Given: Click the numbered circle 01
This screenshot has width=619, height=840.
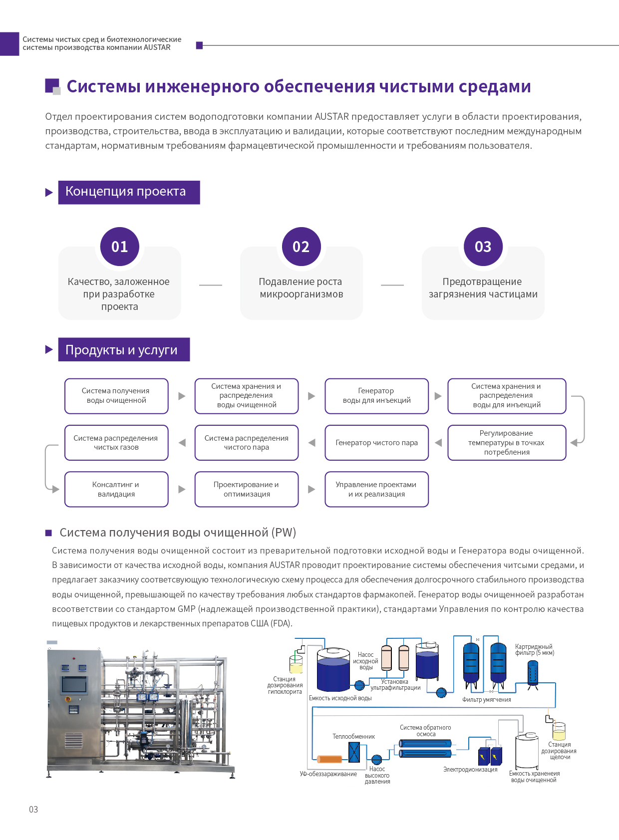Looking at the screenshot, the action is (120, 247).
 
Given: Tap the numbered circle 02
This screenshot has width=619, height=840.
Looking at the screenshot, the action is (301, 247).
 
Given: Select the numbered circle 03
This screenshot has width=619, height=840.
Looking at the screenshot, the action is (483, 247).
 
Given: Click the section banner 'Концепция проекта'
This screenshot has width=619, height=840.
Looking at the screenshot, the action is (129, 192).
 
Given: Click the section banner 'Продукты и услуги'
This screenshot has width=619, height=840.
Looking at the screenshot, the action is (124, 349).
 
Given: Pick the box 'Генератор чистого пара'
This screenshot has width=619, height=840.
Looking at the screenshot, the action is (377, 443).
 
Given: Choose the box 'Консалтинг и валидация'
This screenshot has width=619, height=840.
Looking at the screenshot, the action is (116, 489).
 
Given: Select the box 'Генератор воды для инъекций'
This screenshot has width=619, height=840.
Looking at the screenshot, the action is (377, 396).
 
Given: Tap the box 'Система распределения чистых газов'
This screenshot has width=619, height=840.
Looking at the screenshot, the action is (116, 443).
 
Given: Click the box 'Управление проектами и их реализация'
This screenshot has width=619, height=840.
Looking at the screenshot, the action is (377, 489).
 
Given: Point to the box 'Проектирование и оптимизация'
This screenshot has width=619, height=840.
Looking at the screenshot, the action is (247, 489).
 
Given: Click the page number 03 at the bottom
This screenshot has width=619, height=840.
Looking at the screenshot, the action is (33, 809).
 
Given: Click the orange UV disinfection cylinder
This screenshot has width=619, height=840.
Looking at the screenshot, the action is (329, 759).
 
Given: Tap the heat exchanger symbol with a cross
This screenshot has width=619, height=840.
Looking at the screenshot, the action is (354, 752).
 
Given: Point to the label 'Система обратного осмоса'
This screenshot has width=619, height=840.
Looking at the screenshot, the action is (425, 731).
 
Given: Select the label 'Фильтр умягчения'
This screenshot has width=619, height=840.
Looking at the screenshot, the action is (487, 699).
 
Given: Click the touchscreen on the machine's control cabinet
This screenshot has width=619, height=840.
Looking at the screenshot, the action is (74, 684).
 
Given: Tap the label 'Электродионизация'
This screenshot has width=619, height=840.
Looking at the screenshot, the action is (470, 770).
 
